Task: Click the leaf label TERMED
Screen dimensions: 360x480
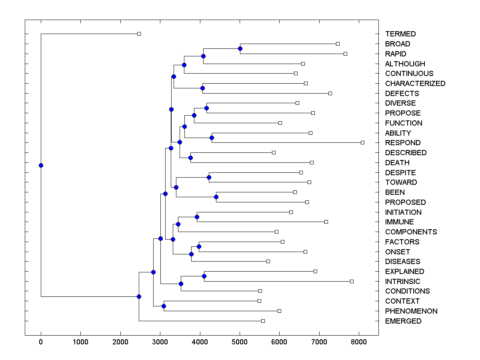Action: tap(400, 34)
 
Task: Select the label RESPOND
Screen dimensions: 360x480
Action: tap(403, 143)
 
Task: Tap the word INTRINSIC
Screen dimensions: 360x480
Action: tap(403, 281)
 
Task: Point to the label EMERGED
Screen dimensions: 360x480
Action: tap(403, 321)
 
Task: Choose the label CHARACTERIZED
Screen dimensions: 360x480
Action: tap(415, 84)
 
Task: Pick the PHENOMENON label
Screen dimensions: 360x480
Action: tap(411, 311)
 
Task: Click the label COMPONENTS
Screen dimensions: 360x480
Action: tap(411, 232)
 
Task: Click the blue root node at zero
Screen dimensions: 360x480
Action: tap(41, 165)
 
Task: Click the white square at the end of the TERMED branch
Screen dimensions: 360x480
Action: tap(139, 34)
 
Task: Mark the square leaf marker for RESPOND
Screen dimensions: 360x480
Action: tap(362, 142)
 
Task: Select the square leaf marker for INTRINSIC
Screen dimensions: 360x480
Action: tap(352, 281)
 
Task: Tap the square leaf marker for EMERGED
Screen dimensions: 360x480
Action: tap(263, 321)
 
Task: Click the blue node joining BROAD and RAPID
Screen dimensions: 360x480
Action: tap(240, 49)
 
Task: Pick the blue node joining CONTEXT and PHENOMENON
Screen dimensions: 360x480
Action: tap(164, 306)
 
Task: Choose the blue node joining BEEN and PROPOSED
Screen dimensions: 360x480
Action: tap(216, 197)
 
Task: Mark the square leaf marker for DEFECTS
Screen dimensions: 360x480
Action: tap(330, 93)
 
